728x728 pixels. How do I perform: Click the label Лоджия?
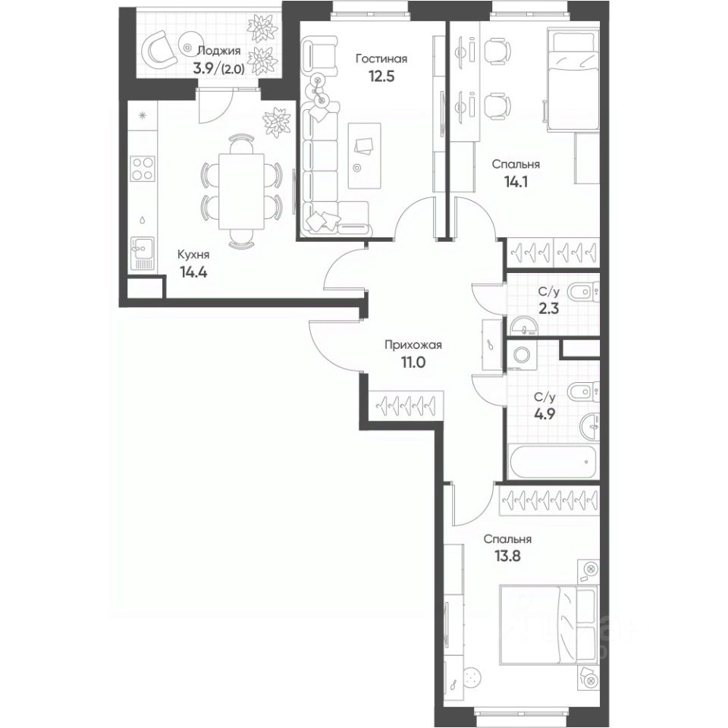pos(218,51)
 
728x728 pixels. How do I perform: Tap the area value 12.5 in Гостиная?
pos(381,75)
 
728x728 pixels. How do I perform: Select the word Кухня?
pos(193,256)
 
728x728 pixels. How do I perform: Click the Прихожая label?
pos(413,345)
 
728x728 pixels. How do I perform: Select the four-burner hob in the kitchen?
pos(142,168)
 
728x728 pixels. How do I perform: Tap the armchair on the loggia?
pos(162,50)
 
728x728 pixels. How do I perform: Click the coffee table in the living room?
pos(363,155)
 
